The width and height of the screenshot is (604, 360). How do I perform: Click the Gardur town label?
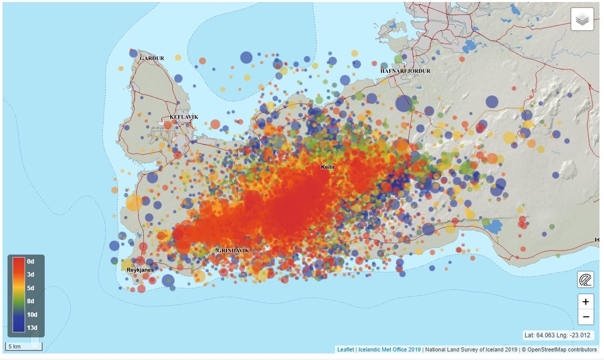(x=152, y=58)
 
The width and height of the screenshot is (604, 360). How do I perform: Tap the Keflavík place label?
(x=184, y=117)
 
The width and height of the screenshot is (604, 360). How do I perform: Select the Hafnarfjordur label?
(x=405, y=71)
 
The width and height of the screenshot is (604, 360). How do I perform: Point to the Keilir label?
(x=328, y=166)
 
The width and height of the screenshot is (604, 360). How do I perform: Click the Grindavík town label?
(x=232, y=250)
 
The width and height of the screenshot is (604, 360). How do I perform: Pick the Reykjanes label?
(x=140, y=270)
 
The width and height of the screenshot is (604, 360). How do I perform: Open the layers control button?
(x=582, y=20)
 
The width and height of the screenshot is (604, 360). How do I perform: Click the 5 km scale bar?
(x=24, y=346)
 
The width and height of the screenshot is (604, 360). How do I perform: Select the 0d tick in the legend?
(x=31, y=262)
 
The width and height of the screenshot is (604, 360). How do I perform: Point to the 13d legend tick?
(x=32, y=328)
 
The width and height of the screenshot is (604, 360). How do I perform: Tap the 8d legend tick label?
(x=31, y=302)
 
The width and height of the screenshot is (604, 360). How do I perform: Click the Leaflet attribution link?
(x=345, y=349)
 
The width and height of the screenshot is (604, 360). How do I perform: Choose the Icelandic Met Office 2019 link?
(x=389, y=349)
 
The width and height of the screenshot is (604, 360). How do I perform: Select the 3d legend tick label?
(x=31, y=275)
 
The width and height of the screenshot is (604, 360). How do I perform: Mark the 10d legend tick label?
(x=32, y=315)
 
